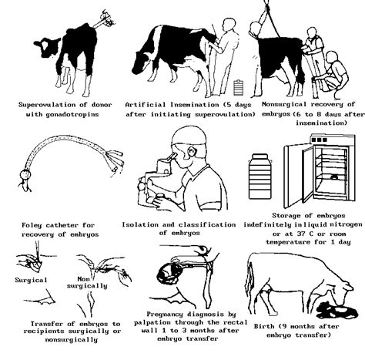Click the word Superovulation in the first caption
coord(49,103)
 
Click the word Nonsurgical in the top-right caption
coord(291,103)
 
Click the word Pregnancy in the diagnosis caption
coord(173,315)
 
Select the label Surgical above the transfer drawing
coord(30,280)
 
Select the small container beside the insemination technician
coord(237,84)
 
